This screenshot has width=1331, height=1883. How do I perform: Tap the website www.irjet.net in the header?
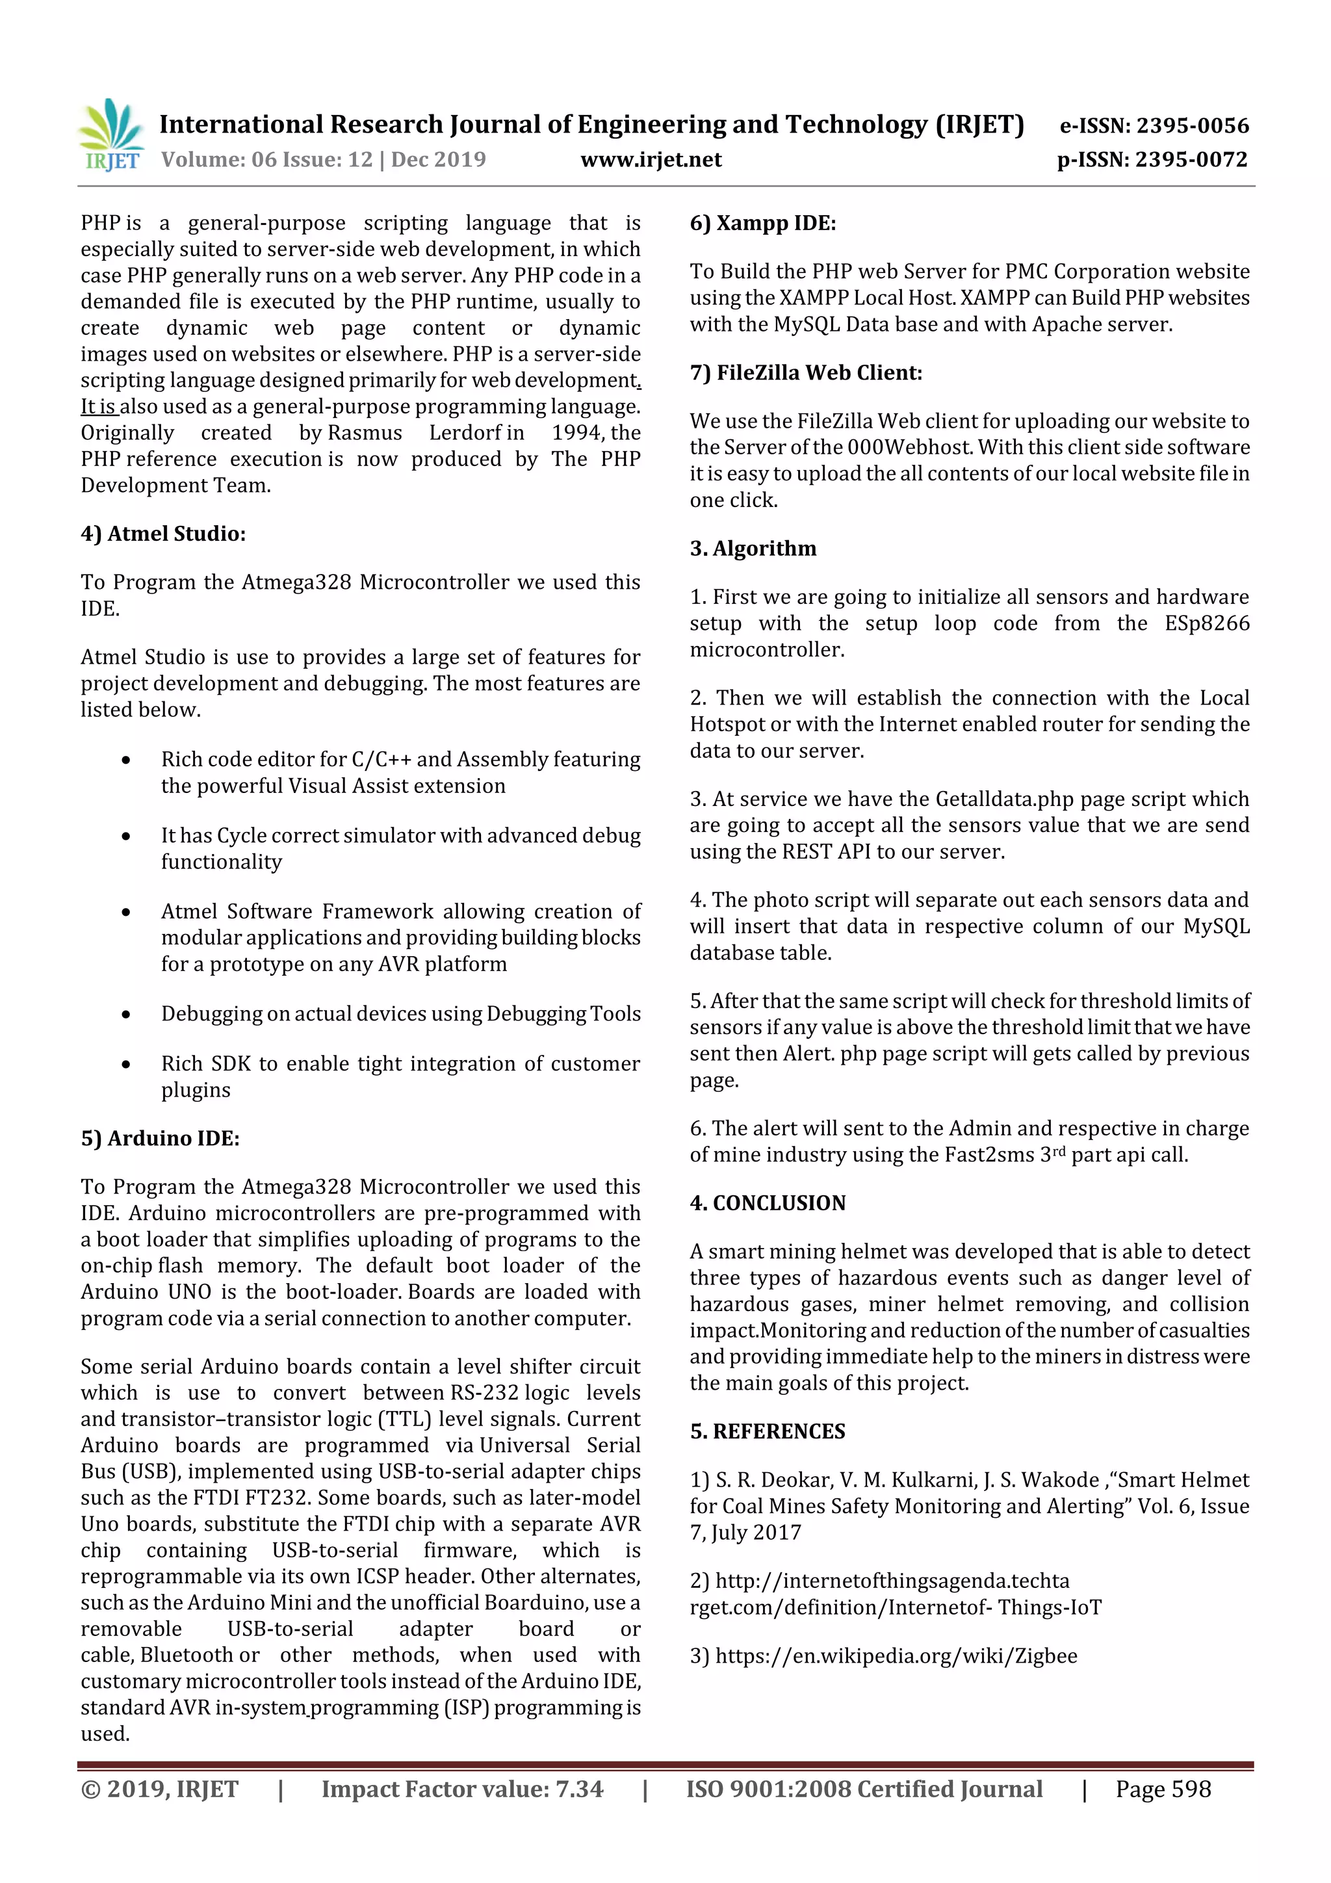pos(651,159)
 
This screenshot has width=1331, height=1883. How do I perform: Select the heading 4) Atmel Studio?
pos(163,533)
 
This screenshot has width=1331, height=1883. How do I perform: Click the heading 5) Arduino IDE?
pos(160,1137)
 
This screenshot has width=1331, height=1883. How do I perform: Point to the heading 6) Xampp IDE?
pos(763,223)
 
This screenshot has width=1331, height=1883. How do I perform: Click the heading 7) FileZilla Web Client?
pos(805,372)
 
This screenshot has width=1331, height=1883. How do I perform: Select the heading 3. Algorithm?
pos(753,548)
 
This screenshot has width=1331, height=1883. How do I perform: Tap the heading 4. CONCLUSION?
pos(768,1202)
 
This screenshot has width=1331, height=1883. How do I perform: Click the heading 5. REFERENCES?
pos(768,1431)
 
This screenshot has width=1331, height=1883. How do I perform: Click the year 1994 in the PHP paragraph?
pos(577,432)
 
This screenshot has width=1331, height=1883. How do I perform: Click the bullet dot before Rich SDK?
pos(125,1065)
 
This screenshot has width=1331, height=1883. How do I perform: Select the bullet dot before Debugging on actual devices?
pos(125,1015)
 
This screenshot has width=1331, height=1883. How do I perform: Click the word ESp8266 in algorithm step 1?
pos(1206,623)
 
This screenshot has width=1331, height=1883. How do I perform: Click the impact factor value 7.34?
pos(579,1789)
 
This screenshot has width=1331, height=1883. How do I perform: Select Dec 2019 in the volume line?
pos(439,159)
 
